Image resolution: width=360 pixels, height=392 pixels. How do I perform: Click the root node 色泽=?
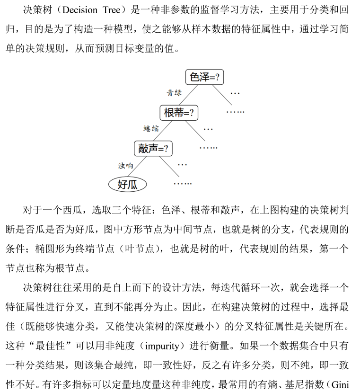click(x=204, y=77)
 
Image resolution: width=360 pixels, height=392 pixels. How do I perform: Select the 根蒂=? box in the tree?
click(x=179, y=113)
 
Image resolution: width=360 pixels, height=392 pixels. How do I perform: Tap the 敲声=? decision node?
click(x=153, y=149)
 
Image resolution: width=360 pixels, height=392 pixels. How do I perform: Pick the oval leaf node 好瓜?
click(x=127, y=185)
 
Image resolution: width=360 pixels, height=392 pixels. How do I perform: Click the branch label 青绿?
click(x=174, y=93)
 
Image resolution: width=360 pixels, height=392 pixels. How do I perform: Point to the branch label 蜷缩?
click(x=151, y=129)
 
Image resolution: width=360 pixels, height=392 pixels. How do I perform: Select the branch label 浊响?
click(x=126, y=166)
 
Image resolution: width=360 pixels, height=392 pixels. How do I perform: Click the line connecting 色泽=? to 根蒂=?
click(x=188, y=95)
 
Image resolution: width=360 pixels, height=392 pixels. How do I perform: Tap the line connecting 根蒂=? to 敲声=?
click(x=163, y=131)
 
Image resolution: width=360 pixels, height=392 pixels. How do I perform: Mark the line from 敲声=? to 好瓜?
click(x=137, y=167)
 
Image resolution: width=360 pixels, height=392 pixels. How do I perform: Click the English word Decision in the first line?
click(x=79, y=10)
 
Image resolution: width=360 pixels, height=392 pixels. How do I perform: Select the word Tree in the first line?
click(x=112, y=10)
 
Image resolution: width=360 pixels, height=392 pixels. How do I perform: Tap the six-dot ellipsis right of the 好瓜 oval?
click(x=183, y=184)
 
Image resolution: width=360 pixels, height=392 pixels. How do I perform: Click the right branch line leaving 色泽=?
click(x=222, y=95)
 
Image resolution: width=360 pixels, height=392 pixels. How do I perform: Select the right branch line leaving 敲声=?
click(x=169, y=167)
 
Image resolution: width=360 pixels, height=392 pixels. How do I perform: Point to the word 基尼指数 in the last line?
click(x=304, y=384)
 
